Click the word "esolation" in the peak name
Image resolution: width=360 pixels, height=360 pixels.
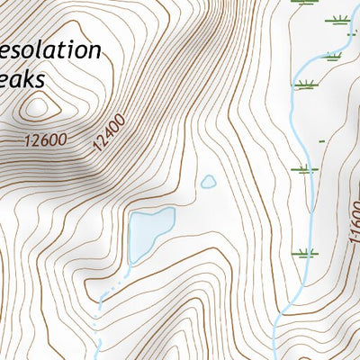(50, 49)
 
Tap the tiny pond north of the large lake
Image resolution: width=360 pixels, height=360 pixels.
(208, 182)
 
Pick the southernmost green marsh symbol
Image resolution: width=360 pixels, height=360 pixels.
(306, 253)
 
